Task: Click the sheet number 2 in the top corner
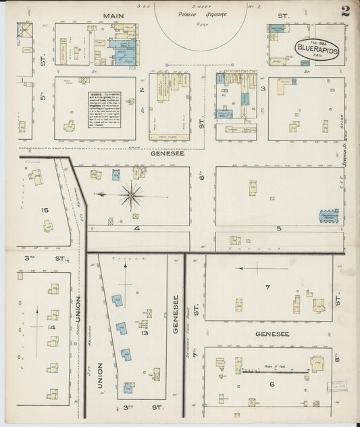coord(345,11)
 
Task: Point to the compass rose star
coord(129,196)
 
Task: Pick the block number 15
coord(45,210)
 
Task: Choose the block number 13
coord(144,332)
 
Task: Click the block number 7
coord(267,288)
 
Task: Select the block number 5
coord(278,229)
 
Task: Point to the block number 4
coord(136,228)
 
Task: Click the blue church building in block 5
coord(328,217)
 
